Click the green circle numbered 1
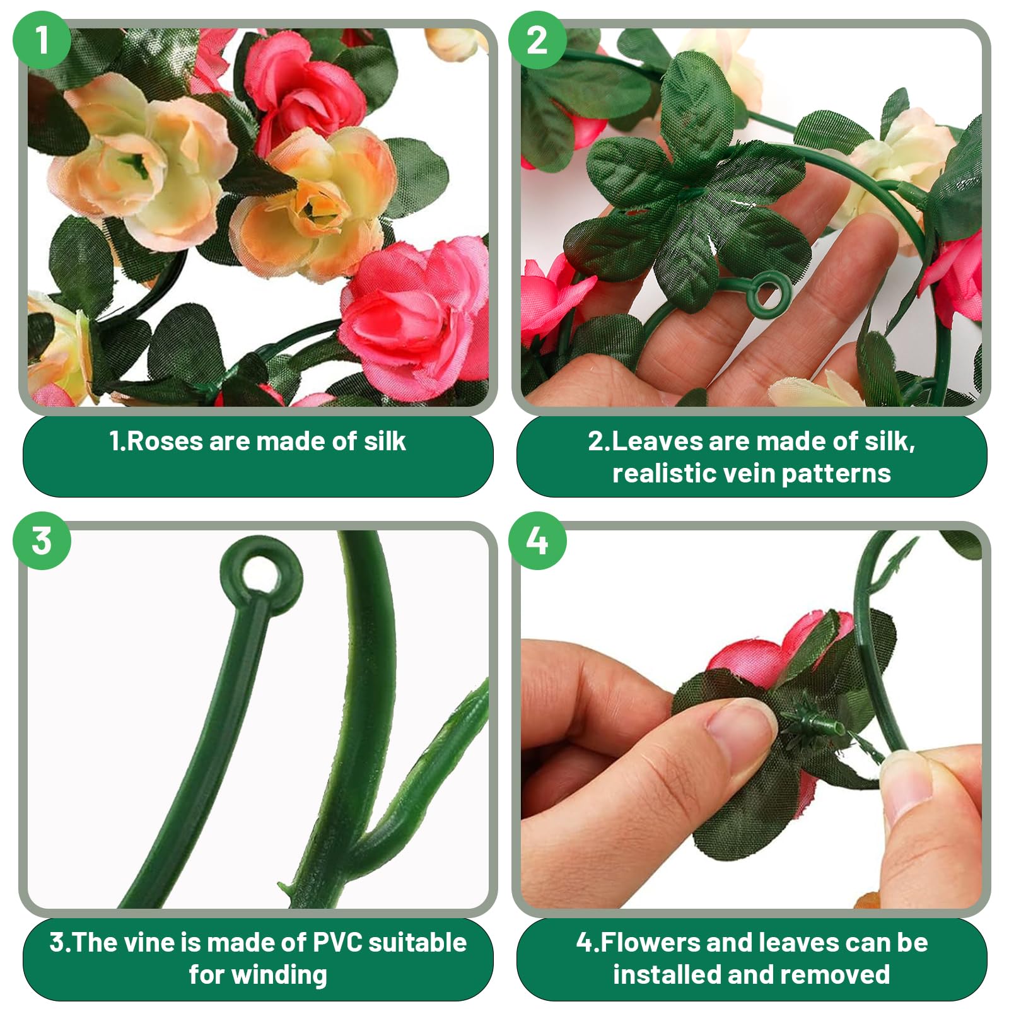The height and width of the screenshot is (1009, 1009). coord(42,40)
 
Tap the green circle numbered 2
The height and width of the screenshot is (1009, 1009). coord(537,40)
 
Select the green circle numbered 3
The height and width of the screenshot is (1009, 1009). coord(42,541)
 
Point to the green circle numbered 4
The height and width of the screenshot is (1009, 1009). coord(537,541)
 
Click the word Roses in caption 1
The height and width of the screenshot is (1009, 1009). coord(165,441)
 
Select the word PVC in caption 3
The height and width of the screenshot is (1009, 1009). coord(337,942)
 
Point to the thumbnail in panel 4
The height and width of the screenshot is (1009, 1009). coord(737,725)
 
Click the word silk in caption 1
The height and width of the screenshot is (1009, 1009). coord(385,441)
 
